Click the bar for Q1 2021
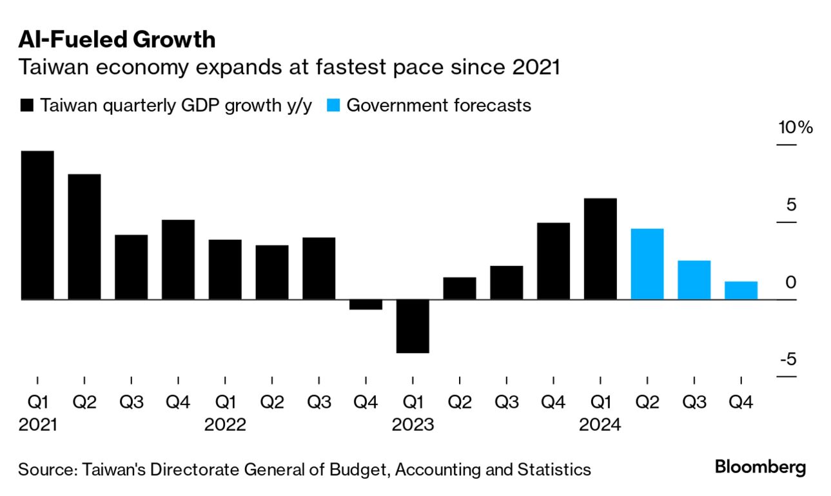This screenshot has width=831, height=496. click(37, 225)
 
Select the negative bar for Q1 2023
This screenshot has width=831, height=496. click(413, 326)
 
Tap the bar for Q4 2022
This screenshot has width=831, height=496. click(366, 305)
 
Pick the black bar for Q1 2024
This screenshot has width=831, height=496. click(600, 249)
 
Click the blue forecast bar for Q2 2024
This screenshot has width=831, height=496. click(647, 264)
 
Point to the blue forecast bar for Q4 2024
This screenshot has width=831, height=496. click(741, 291)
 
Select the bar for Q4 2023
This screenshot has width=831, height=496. click(553, 261)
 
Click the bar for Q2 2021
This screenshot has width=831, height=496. click(84, 237)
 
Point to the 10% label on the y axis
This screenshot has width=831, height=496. click(795, 128)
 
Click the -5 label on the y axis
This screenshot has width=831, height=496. click(788, 359)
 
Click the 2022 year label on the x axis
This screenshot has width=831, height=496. click(225, 425)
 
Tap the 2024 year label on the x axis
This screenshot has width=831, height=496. click(600, 425)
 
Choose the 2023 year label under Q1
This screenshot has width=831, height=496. click(413, 425)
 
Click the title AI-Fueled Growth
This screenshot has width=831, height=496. click(117, 40)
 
